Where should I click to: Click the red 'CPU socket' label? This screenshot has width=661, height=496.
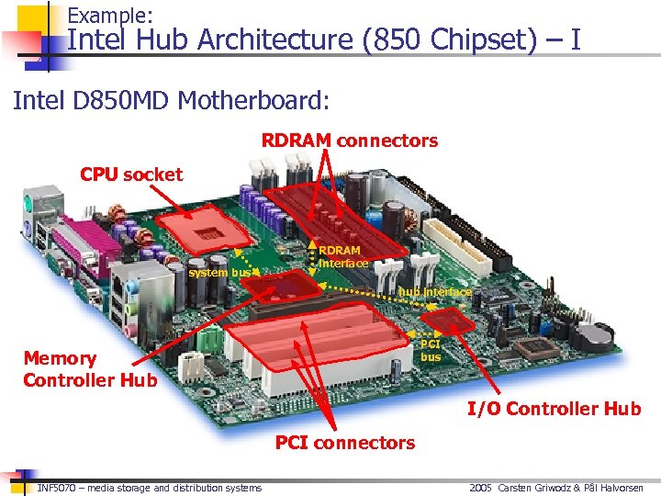[130, 175]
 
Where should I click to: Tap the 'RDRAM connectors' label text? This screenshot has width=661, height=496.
[350, 141]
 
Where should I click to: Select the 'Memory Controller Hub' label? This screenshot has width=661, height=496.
[90, 369]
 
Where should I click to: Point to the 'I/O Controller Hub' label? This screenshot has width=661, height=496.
[554, 409]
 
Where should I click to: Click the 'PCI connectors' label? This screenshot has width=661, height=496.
[345, 443]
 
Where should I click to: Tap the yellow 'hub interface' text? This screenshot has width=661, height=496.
[435, 292]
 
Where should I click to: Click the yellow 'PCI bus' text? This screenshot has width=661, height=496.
[431, 350]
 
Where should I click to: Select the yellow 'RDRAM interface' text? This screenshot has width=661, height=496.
[342, 257]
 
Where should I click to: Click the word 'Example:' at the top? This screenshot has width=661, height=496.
[110, 15]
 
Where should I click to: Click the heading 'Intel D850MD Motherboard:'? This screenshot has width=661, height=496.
[171, 98]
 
